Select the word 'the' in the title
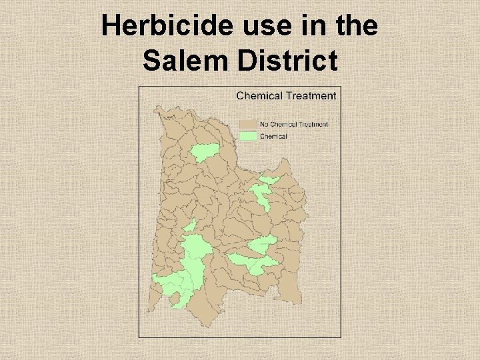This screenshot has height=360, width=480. click(x=351, y=27)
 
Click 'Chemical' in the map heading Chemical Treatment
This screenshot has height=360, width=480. click(x=260, y=95)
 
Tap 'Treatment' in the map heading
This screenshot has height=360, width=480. click(x=311, y=95)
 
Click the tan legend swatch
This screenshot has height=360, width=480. click(x=248, y=124)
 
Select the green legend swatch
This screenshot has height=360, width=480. click(x=248, y=136)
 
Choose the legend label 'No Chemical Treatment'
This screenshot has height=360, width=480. click(x=294, y=124)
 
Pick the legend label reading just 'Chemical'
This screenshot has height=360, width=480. click(x=273, y=136)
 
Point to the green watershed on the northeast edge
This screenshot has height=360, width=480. click(x=269, y=180)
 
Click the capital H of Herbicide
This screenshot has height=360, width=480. click(x=111, y=27)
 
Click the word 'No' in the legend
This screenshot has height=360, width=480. click(x=264, y=124)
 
